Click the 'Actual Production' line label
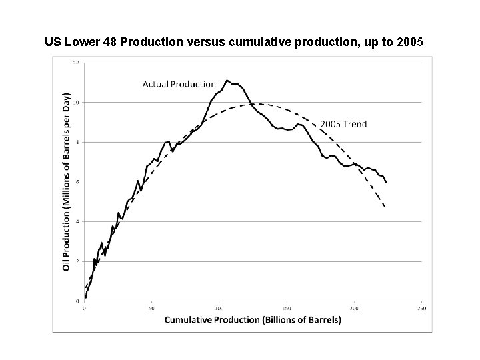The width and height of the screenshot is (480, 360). [179, 84]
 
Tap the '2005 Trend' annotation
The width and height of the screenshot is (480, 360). [343, 124]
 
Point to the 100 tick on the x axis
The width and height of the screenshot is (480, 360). [219, 308]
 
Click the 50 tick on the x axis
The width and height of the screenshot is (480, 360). [152, 308]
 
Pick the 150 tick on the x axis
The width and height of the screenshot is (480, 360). [287, 308]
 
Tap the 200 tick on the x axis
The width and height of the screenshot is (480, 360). [354, 308]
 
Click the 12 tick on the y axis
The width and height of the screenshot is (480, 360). [76, 63]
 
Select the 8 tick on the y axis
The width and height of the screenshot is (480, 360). [77, 142]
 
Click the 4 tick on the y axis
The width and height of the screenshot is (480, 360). [77, 221]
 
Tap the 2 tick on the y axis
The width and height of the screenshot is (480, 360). [77, 261]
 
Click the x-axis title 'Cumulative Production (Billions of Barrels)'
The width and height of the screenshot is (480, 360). [253, 320]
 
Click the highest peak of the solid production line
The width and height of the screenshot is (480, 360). [227, 81]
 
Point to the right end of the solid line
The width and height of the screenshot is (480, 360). [386, 182]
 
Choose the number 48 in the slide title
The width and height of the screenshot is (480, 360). [106, 42]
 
